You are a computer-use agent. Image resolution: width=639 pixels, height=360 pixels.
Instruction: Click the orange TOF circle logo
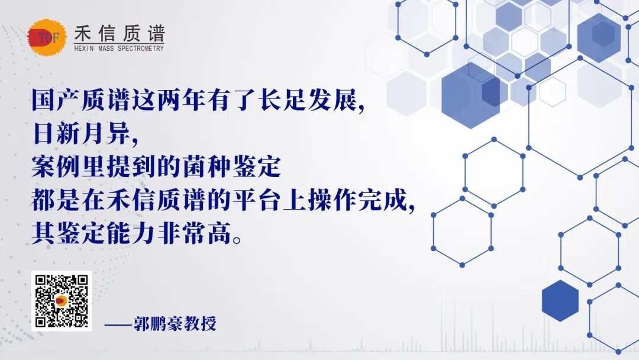coord(47,38)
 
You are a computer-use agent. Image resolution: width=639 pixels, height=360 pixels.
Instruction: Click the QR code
coord(62,301)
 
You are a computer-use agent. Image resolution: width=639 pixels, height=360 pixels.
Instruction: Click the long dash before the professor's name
coord(118,324)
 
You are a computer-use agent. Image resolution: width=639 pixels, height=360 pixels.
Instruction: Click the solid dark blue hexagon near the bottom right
coord(560,301)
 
